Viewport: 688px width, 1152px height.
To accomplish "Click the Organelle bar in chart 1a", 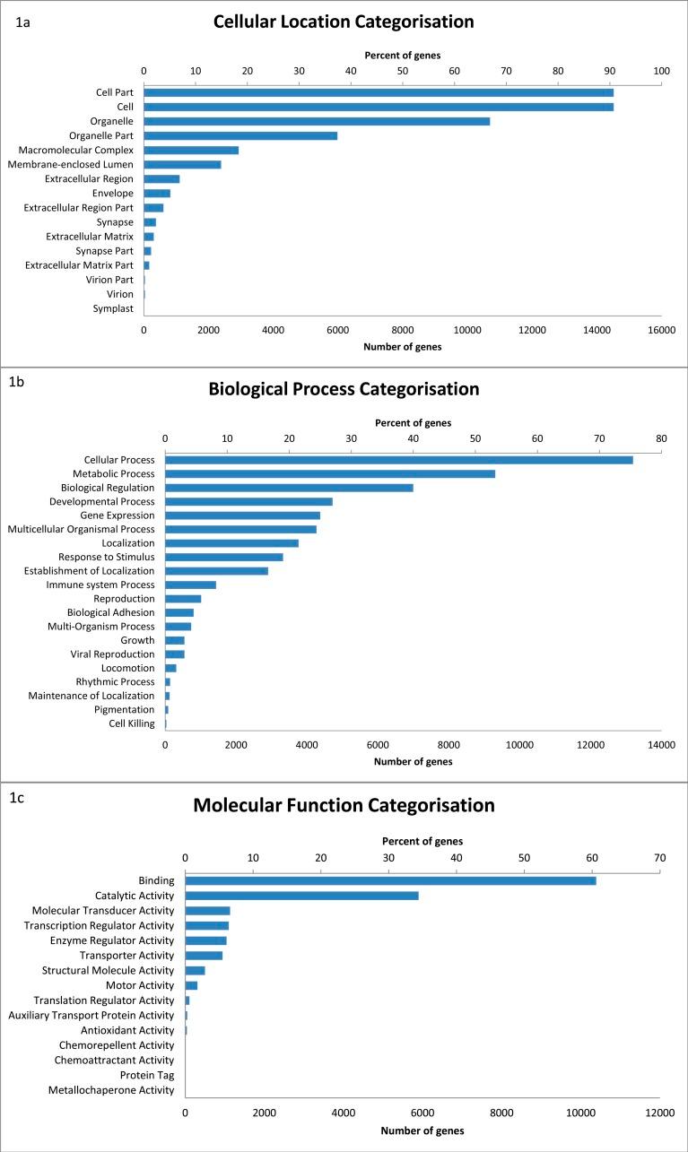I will point(317,121).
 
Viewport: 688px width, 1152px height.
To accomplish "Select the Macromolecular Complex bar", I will point(191,150).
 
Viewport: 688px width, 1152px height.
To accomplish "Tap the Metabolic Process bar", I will point(330,473).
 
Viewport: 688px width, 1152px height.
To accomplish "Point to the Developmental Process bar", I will point(248,501).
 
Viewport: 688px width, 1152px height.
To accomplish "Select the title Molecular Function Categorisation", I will point(344,805).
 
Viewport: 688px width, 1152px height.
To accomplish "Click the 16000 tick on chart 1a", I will point(661,330).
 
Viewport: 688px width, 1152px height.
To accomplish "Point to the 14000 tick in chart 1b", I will point(661,744).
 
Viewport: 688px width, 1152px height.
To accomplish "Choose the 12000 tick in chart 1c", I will point(659,1113).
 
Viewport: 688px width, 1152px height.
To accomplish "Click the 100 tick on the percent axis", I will point(661,70).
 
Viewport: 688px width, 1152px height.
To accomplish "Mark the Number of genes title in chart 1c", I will point(422,1130).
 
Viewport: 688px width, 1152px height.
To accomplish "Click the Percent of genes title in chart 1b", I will point(413,422).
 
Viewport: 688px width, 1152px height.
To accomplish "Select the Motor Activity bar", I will point(191,985).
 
